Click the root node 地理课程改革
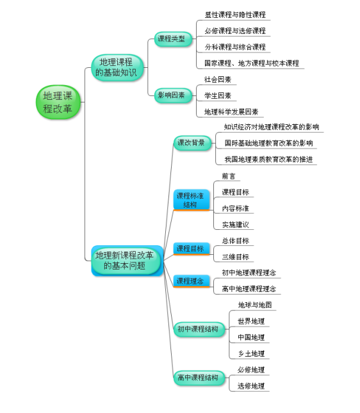[58, 102]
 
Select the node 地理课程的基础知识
[117, 67]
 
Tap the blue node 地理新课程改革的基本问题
[127, 261]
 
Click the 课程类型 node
[173, 39]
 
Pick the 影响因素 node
[173, 95]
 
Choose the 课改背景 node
[192, 143]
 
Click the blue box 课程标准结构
[192, 200]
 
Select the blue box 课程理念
[192, 281]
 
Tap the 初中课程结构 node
[199, 329]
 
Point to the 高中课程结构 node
[199, 378]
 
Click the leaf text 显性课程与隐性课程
[235, 15]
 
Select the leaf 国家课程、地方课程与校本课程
[252, 63]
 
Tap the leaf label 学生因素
[218, 95]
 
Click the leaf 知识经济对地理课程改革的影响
[272, 127]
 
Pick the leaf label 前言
[229, 176]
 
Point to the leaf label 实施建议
[235, 225]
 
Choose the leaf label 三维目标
[235, 257]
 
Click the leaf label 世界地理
[251, 321]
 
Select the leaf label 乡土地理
[251, 353]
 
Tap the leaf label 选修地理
[251, 386]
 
